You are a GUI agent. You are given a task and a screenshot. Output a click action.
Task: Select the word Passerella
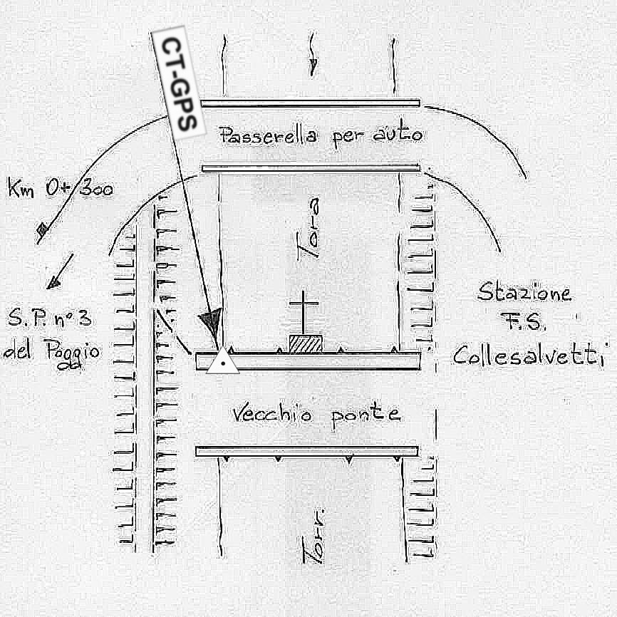pyautogui.click(x=269, y=135)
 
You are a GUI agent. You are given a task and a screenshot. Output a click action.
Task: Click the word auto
pyautogui.click(x=397, y=134)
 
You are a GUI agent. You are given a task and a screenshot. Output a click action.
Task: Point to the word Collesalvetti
pyautogui.click(x=527, y=355)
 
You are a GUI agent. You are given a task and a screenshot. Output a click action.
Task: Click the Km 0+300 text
pyautogui.click(x=60, y=190)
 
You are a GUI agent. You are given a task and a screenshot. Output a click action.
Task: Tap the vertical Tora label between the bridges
pyautogui.click(x=307, y=228)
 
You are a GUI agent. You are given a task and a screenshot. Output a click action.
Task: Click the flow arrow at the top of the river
pyautogui.click(x=313, y=63)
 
